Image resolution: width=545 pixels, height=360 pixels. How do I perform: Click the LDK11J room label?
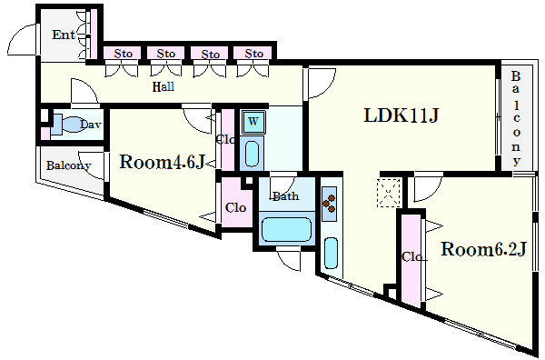(x=401, y=115)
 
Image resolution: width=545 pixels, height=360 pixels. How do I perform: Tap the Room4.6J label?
(x=162, y=162)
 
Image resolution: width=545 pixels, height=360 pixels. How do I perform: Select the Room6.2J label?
(x=483, y=249)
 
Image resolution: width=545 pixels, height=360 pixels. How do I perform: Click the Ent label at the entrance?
(x=64, y=35)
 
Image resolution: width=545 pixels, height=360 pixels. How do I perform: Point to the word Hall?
(x=163, y=86)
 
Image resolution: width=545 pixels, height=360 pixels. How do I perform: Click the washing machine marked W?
(x=253, y=122)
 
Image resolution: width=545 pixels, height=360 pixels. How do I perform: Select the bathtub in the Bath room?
(x=286, y=230)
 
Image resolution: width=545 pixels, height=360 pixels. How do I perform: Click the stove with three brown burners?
(x=329, y=204)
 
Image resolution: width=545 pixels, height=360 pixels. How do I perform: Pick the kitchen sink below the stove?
(x=331, y=254)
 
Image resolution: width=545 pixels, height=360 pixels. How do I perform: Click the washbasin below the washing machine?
(x=252, y=154)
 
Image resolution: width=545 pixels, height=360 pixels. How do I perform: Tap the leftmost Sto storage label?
(x=123, y=54)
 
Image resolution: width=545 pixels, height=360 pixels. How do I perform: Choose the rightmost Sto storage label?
(x=253, y=54)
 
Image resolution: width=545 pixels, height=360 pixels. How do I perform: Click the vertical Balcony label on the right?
(x=516, y=118)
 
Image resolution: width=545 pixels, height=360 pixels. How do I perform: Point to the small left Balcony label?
(x=68, y=165)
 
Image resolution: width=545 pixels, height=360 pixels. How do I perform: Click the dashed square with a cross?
(x=389, y=193)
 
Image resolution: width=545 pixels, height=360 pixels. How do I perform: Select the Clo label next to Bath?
(x=235, y=208)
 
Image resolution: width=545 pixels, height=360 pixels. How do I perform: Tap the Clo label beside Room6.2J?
(x=411, y=257)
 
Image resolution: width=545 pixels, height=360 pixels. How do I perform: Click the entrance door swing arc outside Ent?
(x=16, y=34)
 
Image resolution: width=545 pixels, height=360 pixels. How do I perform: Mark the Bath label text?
(x=286, y=196)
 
